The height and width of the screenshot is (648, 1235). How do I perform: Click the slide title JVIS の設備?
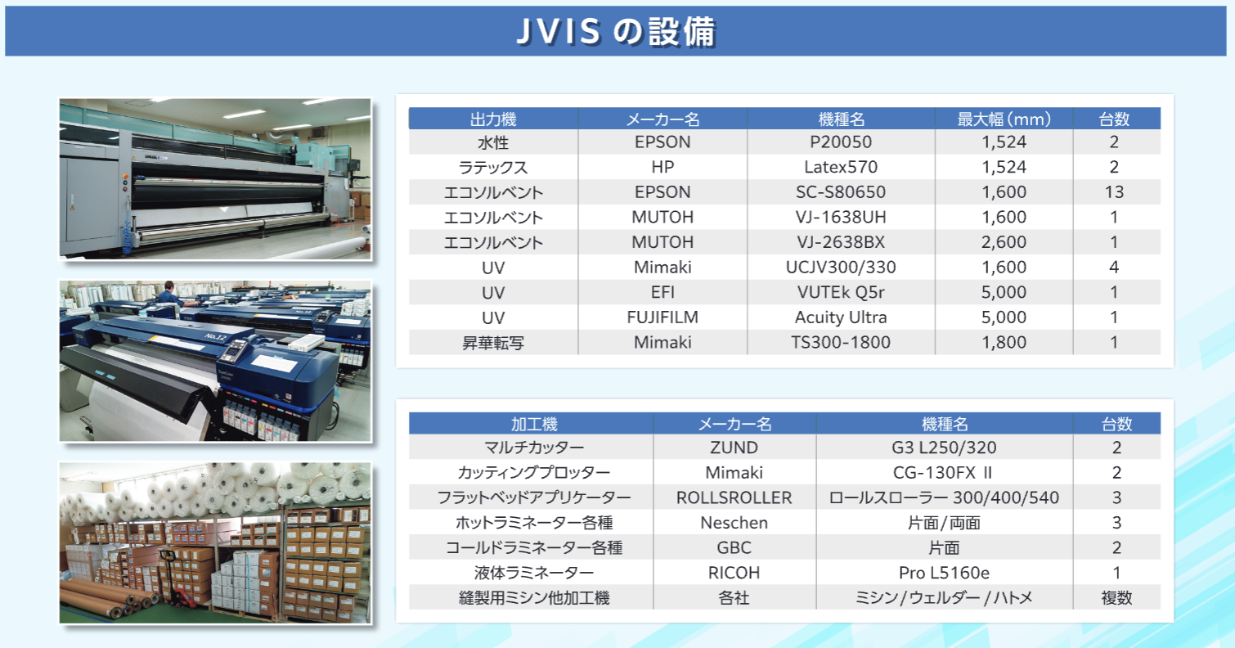click(617, 31)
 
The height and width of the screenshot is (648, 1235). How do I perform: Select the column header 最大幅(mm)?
click(1004, 119)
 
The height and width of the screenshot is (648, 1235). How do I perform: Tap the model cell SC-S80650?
click(841, 192)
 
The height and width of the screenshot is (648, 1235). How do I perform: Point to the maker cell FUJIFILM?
click(662, 317)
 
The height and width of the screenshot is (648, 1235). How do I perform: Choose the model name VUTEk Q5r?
click(841, 292)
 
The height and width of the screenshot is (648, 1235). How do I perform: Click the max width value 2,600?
click(1004, 242)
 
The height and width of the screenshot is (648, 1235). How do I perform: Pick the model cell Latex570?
click(841, 168)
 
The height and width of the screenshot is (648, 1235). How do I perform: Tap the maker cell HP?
click(662, 168)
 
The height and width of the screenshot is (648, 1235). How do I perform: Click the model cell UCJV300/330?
click(841, 268)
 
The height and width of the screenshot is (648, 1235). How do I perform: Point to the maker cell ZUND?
click(734, 448)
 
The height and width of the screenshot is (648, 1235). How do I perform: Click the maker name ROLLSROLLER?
click(734, 498)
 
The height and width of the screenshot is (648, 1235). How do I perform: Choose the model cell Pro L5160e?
click(945, 573)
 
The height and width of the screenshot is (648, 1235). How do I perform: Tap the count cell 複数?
click(1116, 598)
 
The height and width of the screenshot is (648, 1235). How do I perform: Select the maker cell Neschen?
click(734, 523)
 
